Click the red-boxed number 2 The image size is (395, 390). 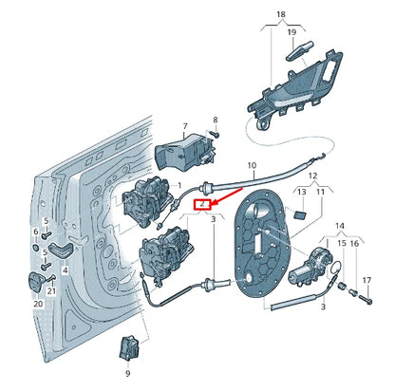(200, 204)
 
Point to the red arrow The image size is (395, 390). (216, 196)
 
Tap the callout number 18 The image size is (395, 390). (279, 15)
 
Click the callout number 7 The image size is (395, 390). (185, 125)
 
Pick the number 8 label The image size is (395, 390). (215, 120)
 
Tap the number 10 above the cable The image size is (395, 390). (253, 166)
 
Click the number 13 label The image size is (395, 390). (301, 193)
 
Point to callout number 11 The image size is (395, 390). (319, 193)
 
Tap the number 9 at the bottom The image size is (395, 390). (126, 373)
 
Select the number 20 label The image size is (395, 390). (39, 304)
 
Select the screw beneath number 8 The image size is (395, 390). (215, 136)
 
